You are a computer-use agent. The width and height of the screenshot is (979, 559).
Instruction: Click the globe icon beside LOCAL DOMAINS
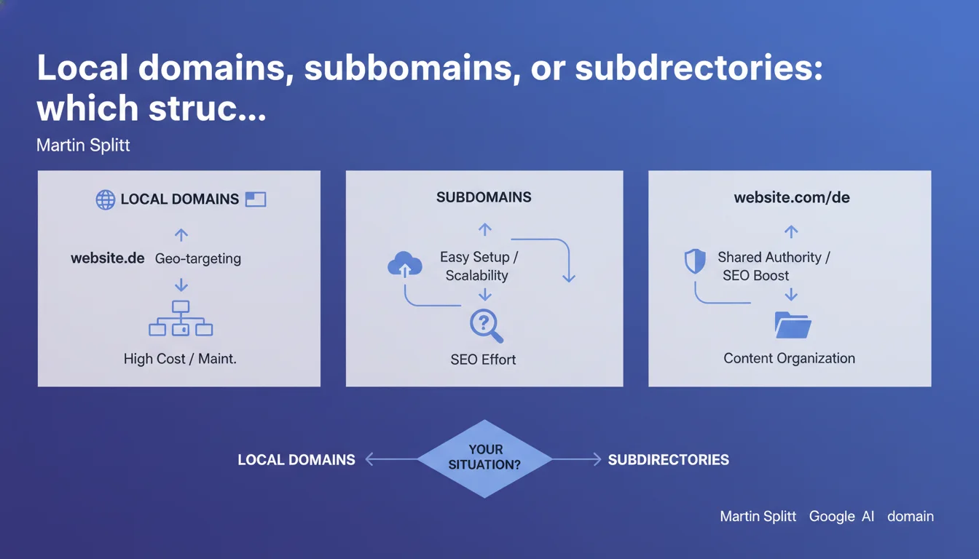106,199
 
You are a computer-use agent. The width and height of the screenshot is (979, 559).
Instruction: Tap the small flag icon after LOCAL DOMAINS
256,199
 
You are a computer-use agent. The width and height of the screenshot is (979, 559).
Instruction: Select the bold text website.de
108,258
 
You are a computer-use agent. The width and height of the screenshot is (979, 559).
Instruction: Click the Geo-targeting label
198,258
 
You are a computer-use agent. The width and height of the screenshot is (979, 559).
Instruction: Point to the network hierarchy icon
181,318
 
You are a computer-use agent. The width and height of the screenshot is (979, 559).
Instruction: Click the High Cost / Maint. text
180,359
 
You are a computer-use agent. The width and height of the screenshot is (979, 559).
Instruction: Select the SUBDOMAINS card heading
484,197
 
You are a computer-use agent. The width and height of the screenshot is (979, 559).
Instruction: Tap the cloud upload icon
405,263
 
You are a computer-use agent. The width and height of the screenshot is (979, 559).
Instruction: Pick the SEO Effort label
483,360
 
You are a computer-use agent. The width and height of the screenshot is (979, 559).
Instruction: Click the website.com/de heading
792,197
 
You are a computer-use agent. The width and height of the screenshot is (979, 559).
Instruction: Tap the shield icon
695,261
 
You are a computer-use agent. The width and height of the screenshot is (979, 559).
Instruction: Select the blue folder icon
793,325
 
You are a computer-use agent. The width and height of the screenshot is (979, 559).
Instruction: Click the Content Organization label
789,358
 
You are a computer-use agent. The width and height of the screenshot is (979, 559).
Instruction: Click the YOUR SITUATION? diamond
484,459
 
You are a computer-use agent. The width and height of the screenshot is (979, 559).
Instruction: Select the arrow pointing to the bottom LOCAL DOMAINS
391,459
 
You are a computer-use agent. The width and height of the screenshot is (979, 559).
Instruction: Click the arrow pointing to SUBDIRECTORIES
577,459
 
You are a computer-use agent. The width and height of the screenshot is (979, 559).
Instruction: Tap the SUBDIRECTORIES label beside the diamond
668,459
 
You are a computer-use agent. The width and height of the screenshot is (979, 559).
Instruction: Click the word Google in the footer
832,517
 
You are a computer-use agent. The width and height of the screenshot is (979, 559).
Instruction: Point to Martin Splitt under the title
83,145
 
